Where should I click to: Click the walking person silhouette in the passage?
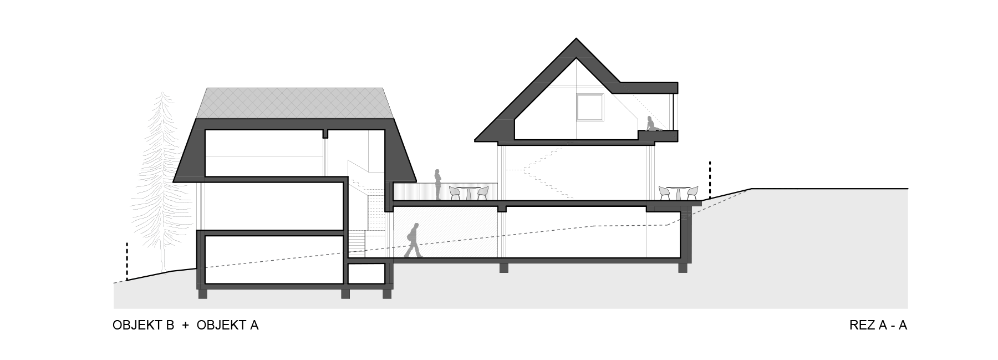click(413, 241)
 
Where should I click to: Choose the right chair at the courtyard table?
click(482, 193)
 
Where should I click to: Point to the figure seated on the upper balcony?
click(650, 123)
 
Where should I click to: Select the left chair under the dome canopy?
click(664, 194)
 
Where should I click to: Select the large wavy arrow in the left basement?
click(274, 261)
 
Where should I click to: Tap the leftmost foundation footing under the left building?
click(202, 293)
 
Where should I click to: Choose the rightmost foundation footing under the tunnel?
click(683, 268)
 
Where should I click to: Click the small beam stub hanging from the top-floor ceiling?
click(327, 133)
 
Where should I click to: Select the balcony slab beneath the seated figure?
click(658, 135)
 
